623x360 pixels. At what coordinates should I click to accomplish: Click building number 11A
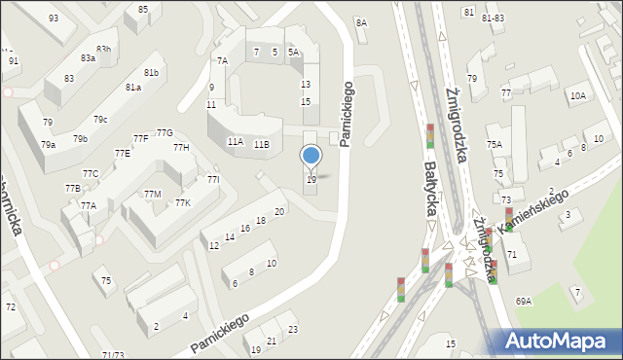coord(235,142)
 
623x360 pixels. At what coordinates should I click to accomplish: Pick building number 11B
coord(261,145)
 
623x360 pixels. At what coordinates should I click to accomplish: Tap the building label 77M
coord(152,195)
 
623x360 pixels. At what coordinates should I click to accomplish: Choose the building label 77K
coord(182,202)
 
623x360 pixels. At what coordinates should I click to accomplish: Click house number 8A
coord(361,22)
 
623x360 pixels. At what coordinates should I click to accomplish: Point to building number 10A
coord(578,95)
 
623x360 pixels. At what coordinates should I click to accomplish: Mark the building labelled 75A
coord(495,144)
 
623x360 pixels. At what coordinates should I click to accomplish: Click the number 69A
coord(524,302)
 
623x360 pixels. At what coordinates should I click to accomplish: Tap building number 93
coord(53,18)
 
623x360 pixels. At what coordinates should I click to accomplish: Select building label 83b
coord(103,50)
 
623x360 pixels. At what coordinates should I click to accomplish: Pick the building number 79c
coord(100,119)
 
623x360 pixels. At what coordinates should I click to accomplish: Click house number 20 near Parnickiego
coord(279,212)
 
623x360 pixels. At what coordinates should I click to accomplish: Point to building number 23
coord(293,330)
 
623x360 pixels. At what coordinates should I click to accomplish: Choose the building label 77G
coord(165,133)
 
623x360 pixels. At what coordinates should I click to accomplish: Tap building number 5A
coord(293,53)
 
